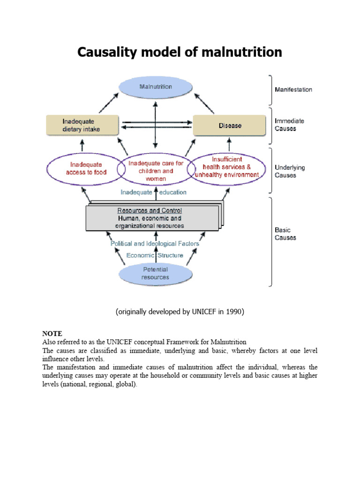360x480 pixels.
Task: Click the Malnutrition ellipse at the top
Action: [x=156, y=87]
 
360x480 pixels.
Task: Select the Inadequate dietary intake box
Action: [x=81, y=126]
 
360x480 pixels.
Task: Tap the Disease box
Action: [x=230, y=126]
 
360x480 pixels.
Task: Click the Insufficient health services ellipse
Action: [x=226, y=167]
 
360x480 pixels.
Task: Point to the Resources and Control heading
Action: [x=150, y=210]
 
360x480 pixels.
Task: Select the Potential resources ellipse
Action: [x=155, y=273]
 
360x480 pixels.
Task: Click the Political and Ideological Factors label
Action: [x=155, y=244]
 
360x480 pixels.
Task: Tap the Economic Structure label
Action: [x=155, y=255]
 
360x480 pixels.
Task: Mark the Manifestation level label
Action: [x=293, y=90]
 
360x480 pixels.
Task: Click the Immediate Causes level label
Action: [x=289, y=125]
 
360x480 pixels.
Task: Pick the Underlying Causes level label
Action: [x=289, y=171]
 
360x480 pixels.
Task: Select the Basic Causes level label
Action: [x=285, y=234]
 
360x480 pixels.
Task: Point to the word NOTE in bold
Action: [x=52, y=334]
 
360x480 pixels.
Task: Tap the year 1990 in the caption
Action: [x=234, y=312]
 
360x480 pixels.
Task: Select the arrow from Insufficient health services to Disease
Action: [x=229, y=142]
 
